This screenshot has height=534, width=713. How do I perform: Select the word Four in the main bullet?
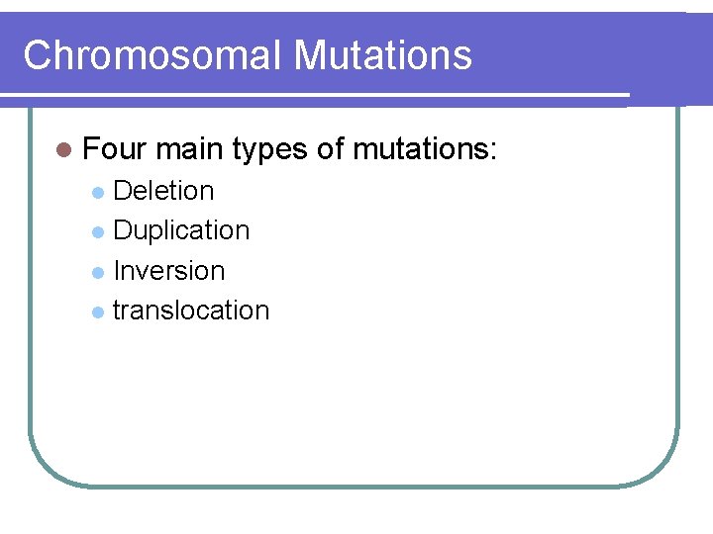click(115, 150)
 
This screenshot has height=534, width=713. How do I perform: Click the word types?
click(269, 151)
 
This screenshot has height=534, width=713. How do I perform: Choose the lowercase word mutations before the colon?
click(423, 150)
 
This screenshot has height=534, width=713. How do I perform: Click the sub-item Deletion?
click(163, 190)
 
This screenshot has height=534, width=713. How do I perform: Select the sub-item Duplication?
click(181, 230)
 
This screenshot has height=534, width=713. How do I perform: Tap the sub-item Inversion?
click(169, 270)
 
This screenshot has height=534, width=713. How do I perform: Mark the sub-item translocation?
click(191, 310)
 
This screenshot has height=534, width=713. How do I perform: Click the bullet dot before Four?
click(64, 151)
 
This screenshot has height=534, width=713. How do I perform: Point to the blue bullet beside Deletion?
click(97, 192)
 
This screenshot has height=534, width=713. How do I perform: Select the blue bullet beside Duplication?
click(97, 231)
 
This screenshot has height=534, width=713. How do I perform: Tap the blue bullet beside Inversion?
click(97, 271)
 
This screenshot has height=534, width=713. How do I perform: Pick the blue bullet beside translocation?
click(97, 311)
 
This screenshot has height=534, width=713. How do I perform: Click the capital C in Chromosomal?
click(38, 55)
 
